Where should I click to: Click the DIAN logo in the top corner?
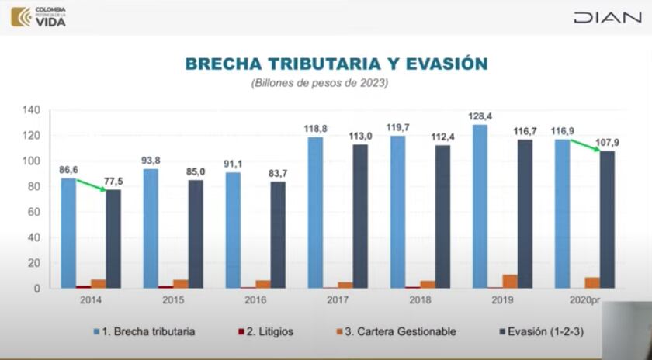(607, 17)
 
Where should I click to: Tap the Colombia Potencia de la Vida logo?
(39, 16)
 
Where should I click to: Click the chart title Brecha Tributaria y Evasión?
(336, 63)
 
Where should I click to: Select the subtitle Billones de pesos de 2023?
(319, 82)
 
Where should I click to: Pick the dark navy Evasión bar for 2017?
(360, 216)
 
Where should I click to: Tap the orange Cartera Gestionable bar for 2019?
(509, 282)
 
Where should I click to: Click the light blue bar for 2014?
(68, 233)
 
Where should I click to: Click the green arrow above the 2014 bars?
(92, 185)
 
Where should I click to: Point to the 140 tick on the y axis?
(31, 110)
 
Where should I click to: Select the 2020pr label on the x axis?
(583, 299)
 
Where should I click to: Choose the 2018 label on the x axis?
(419, 299)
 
